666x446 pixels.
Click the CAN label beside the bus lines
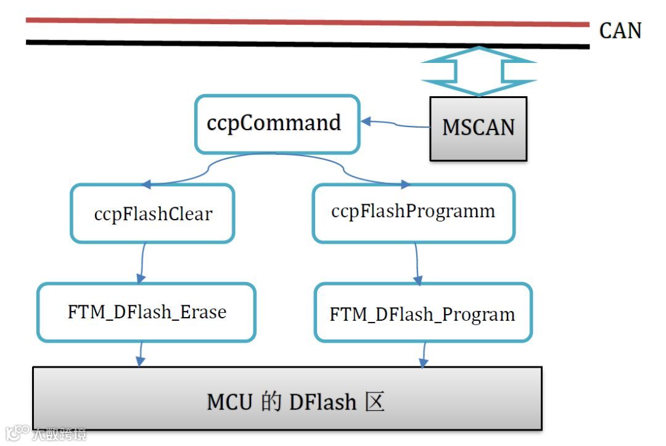pyautogui.click(x=620, y=30)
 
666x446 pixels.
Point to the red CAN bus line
pyautogui.click(x=308, y=22)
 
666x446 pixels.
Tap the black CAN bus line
pyautogui.click(x=308, y=44)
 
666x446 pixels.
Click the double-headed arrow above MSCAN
pyautogui.click(x=479, y=71)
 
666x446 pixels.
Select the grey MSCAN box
pyautogui.click(x=478, y=128)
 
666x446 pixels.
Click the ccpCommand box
pyautogui.click(x=277, y=123)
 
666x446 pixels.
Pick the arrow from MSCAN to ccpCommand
pyautogui.click(x=395, y=125)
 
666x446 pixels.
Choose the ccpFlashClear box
pyautogui.click(x=153, y=213)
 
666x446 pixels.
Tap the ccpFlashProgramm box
pyautogui.click(x=413, y=212)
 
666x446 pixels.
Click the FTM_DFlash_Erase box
pyautogui.click(x=146, y=312)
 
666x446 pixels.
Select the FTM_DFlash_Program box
pyautogui.click(x=422, y=313)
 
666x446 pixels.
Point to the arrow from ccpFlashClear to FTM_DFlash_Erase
pyautogui.click(x=142, y=262)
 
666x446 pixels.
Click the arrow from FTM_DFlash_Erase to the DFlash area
pyautogui.click(x=141, y=354)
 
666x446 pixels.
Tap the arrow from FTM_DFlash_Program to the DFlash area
pyautogui.click(x=424, y=355)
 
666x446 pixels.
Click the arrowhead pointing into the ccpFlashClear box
pyautogui.click(x=146, y=184)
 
